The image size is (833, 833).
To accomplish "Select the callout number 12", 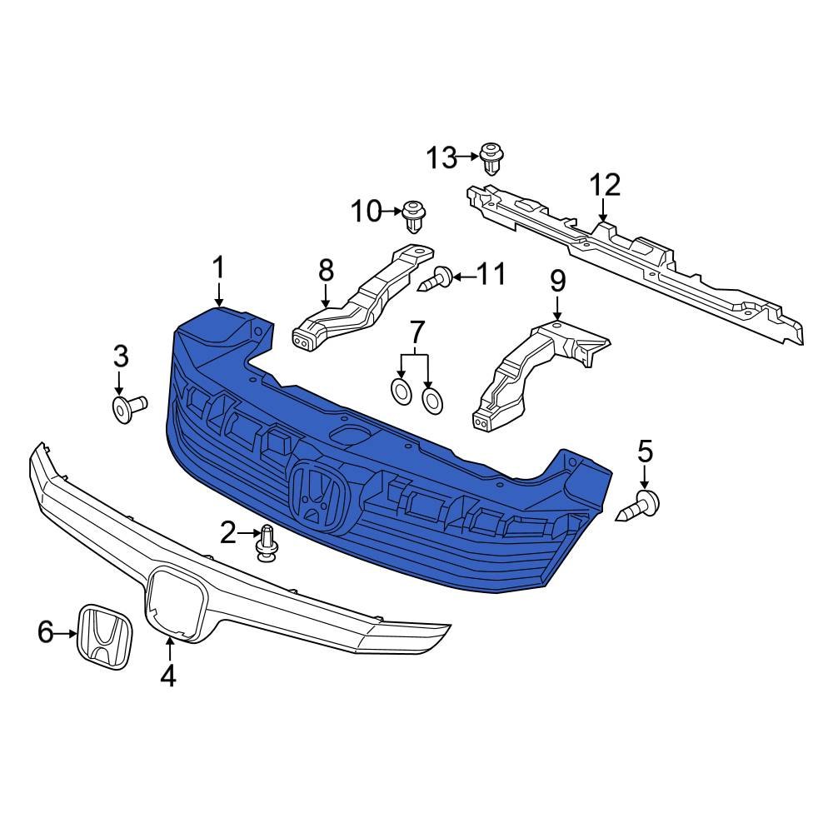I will click(606, 185).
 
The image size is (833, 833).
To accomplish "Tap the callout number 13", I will click(442, 157).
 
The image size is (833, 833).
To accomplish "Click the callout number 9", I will click(557, 281).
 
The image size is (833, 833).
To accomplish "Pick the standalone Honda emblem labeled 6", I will click(104, 636).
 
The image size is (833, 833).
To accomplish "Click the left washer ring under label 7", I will click(402, 391).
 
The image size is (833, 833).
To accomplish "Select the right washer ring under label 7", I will click(432, 400).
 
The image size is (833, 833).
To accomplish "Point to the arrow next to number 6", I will click(67, 634).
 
